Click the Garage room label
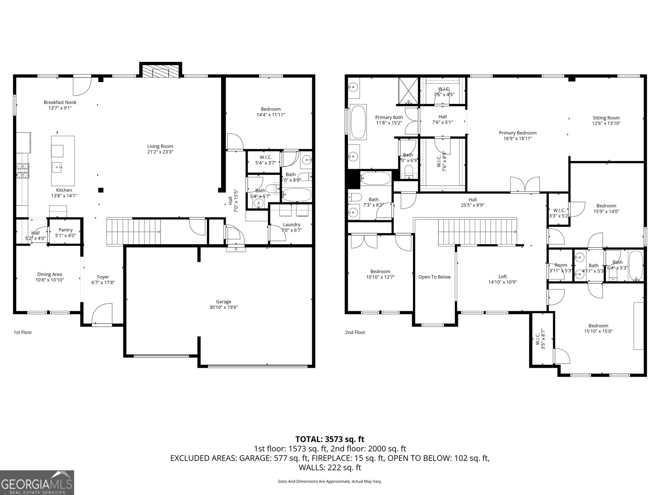click(x=224, y=302)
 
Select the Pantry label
click(x=66, y=230)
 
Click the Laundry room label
click(x=292, y=225)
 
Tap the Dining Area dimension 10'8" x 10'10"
click(x=50, y=280)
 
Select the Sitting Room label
click(x=606, y=118)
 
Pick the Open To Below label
click(x=434, y=277)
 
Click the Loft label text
click(x=502, y=277)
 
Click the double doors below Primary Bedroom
click(x=525, y=184)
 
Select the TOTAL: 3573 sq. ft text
click(x=330, y=439)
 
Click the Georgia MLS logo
click(x=37, y=483)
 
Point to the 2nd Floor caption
click(x=355, y=332)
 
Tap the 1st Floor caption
click(x=23, y=332)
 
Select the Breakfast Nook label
click(x=60, y=102)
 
